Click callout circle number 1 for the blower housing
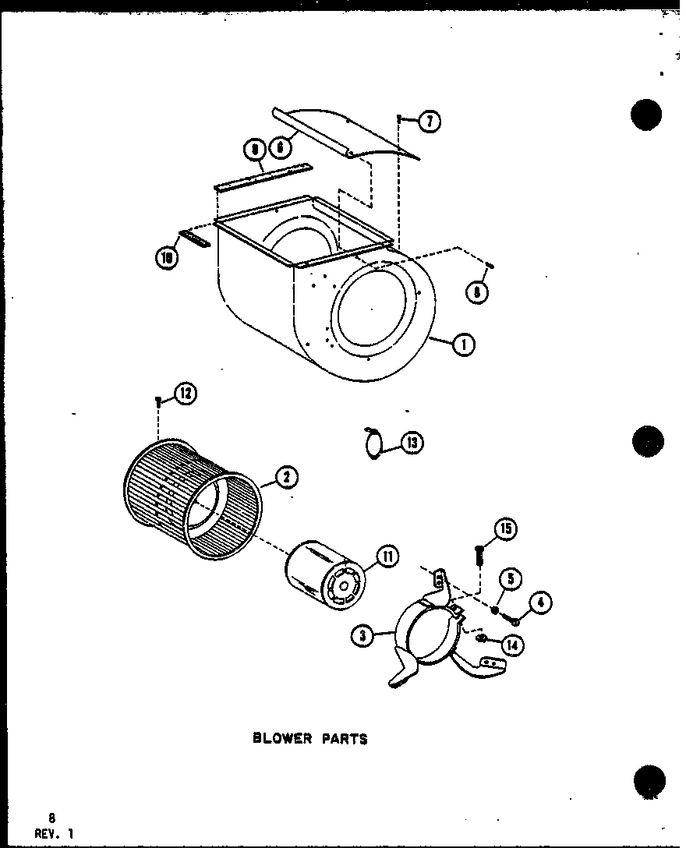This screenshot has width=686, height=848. [x=463, y=344]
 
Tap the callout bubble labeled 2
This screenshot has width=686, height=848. [x=285, y=475]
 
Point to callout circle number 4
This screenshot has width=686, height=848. [x=540, y=602]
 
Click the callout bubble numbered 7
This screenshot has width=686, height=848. [x=429, y=121]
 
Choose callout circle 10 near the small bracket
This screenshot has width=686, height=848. [x=166, y=259]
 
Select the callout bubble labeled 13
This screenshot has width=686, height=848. [x=412, y=443]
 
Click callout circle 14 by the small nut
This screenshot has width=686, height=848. [x=511, y=645]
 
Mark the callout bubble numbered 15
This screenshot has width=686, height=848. [x=505, y=530]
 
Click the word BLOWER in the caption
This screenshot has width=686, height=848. [x=281, y=738]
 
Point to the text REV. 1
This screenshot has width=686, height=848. [x=54, y=832]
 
